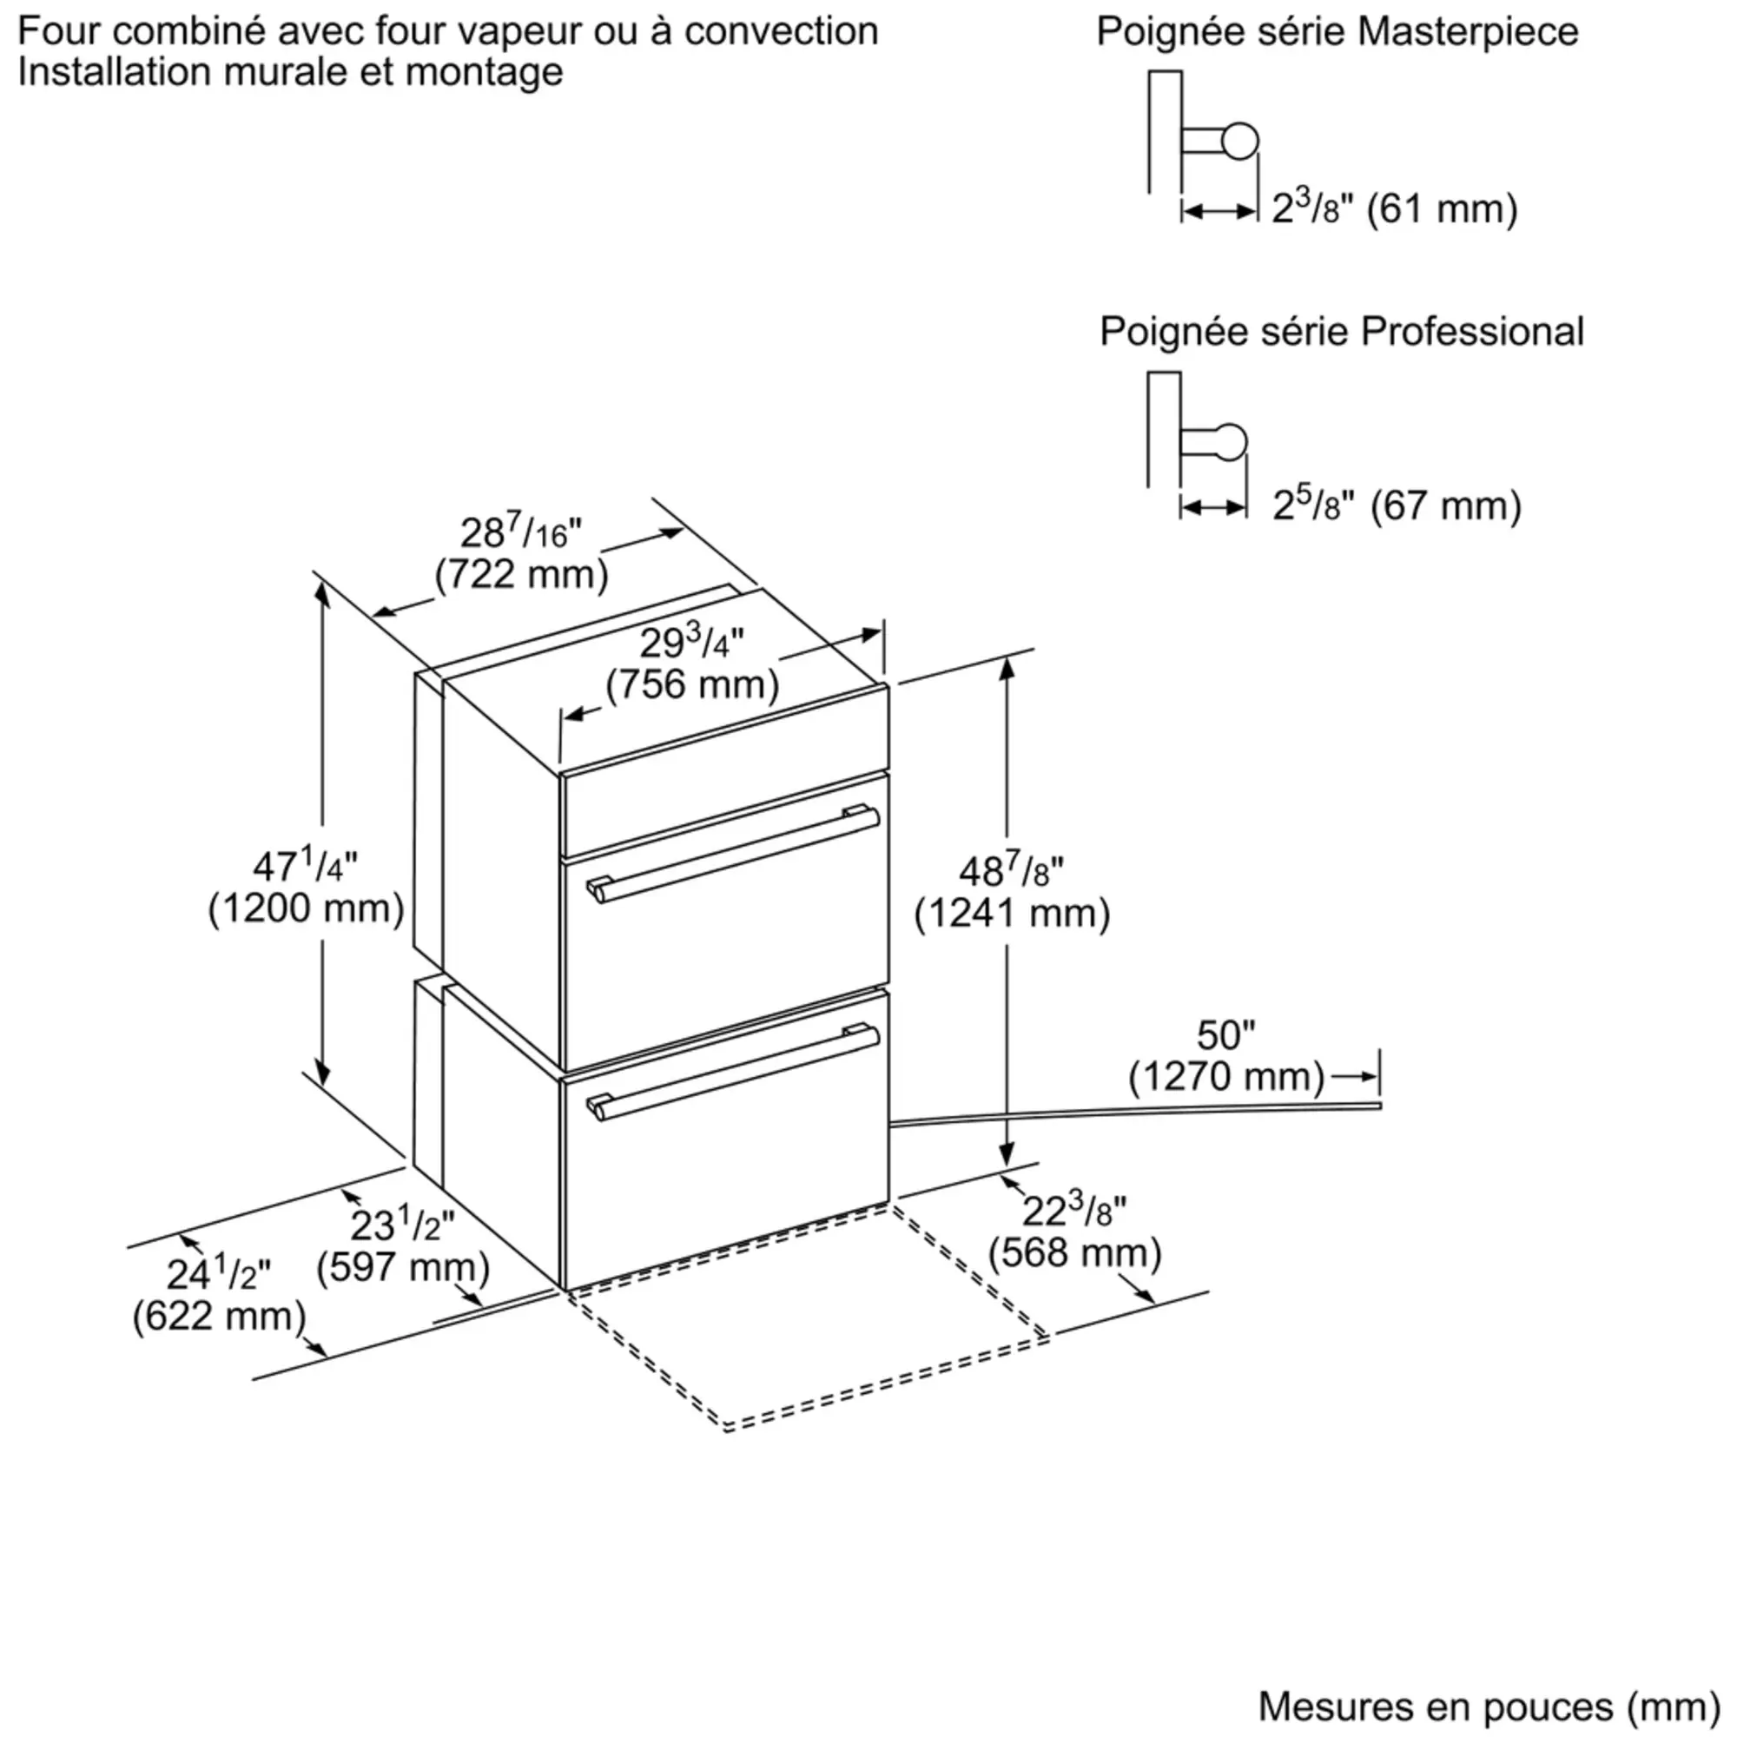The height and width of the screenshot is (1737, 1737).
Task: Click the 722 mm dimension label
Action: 521,553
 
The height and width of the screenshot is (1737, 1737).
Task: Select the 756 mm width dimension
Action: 692,664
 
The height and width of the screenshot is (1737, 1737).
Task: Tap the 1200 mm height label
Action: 306,888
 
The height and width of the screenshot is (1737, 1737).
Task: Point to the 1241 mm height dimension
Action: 1013,893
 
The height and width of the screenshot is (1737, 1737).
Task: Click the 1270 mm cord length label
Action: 1227,1055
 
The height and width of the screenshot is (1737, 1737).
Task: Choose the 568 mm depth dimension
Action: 1075,1232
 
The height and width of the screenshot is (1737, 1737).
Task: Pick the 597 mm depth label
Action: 403,1245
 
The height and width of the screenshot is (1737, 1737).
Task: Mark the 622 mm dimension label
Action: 220,1295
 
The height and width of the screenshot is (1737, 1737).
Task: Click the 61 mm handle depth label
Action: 1395,208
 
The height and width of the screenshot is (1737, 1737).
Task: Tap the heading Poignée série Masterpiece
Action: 1337,32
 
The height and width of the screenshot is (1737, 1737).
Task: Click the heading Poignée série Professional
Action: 1342,332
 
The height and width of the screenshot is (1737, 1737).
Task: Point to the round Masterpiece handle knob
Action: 1240,140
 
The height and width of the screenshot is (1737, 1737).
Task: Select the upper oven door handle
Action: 733,853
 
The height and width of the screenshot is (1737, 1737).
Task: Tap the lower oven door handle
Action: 733,1073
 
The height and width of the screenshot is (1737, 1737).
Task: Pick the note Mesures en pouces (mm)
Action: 1489,1706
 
